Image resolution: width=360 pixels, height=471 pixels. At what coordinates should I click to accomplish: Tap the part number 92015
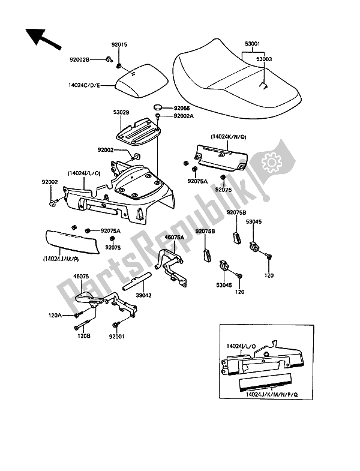click(119, 44)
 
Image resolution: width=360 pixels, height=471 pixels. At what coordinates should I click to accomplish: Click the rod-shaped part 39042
click(137, 281)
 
